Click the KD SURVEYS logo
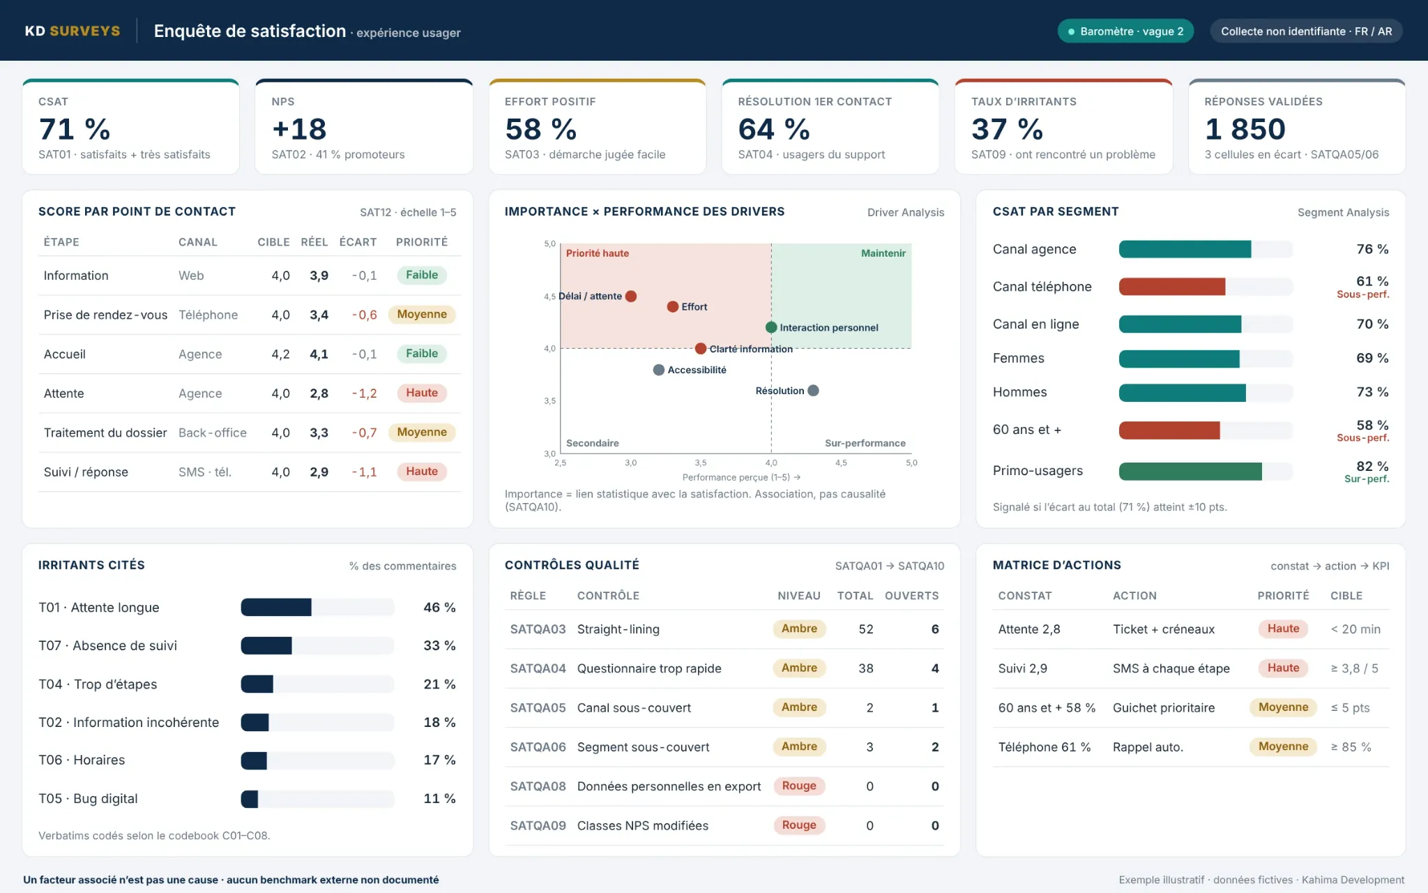pos(73,31)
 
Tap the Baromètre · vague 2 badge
pos(1125,31)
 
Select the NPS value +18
pos(299,129)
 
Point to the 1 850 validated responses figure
pos(1245,129)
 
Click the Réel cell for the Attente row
pos(319,393)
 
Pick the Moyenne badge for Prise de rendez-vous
pos(422,315)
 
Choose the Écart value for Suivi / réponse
pos(364,472)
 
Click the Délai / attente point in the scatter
pos(631,296)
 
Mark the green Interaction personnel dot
pos(771,327)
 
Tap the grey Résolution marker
pos(813,391)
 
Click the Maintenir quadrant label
pos(883,253)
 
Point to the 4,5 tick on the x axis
pos(841,463)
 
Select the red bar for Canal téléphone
pos(1172,287)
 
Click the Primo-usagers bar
pos(1190,472)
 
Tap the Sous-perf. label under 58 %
pos(1362,438)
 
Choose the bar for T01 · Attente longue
pos(276,608)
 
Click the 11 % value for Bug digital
pos(439,799)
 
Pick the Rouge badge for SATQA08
pos(799,786)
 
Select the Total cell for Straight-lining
pos(866,629)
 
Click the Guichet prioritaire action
pos(1164,708)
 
